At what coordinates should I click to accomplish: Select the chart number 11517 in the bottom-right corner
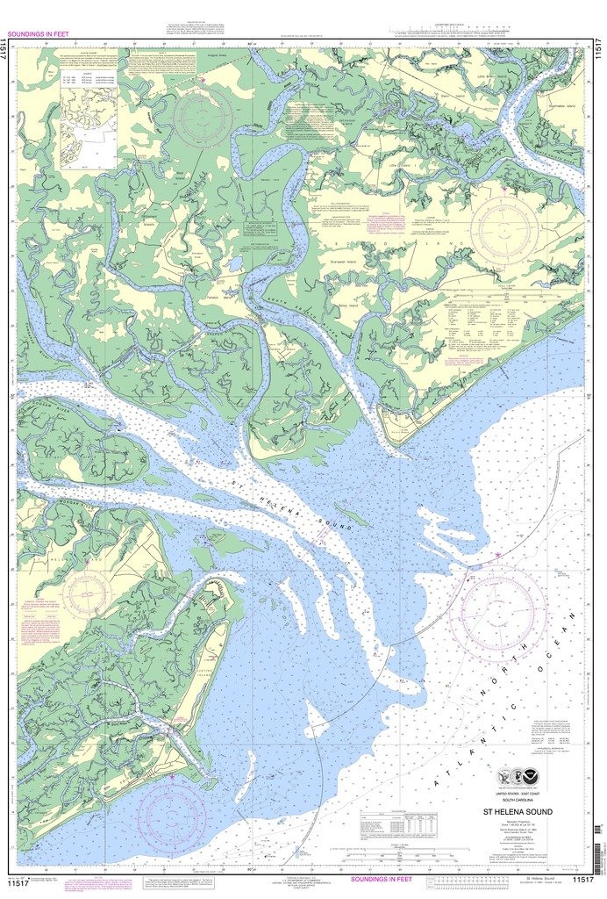pos(582,879)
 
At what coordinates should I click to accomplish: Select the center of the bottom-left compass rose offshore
pos(172,810)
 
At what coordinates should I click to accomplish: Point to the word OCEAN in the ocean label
pos(561,629)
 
